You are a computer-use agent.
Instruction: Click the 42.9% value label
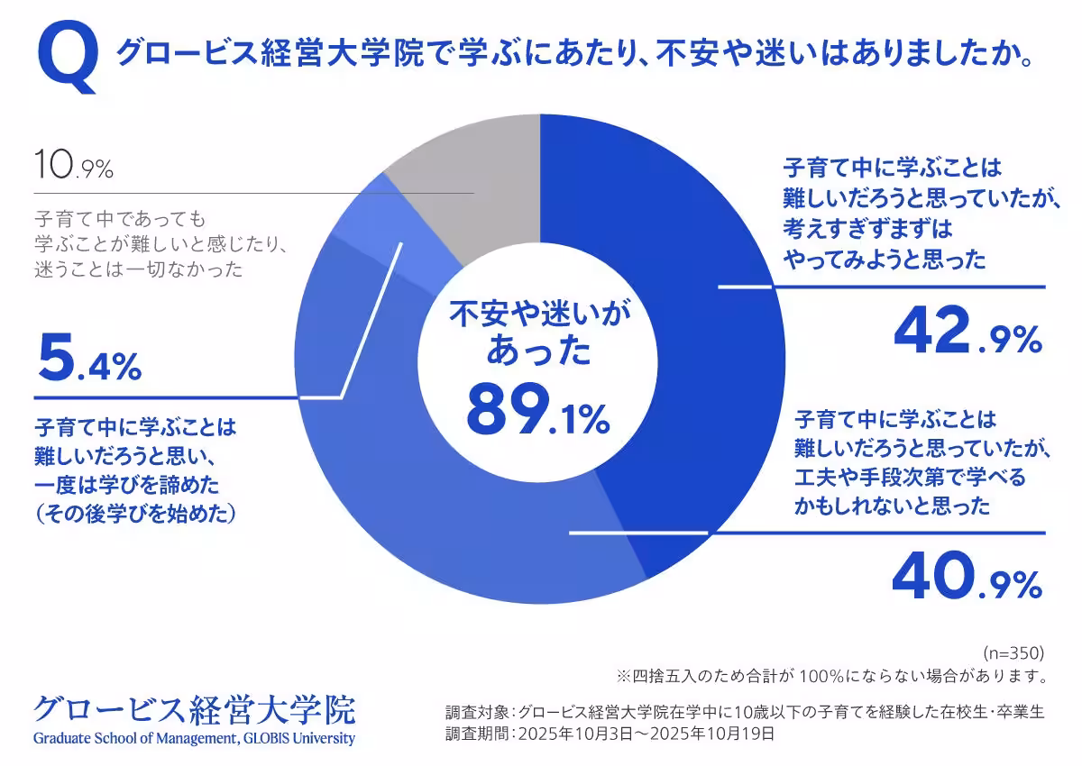[x=967, y=331]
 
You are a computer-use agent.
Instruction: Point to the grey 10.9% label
[x=73, y=167]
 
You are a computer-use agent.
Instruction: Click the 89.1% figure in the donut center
[x=538, y=410]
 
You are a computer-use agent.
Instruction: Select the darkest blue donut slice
[x=685, y=297]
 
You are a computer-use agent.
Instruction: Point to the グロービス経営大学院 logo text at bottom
[x=194, y=710]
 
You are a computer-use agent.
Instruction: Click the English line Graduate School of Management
[x=194, y=739]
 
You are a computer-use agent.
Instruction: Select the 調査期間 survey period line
[x=610, y=734]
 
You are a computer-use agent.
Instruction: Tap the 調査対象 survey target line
[x=745, y=712]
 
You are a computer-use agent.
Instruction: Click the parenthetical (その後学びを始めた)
[x=135, y=514]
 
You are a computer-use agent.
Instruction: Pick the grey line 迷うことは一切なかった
[x=139, y=268]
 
